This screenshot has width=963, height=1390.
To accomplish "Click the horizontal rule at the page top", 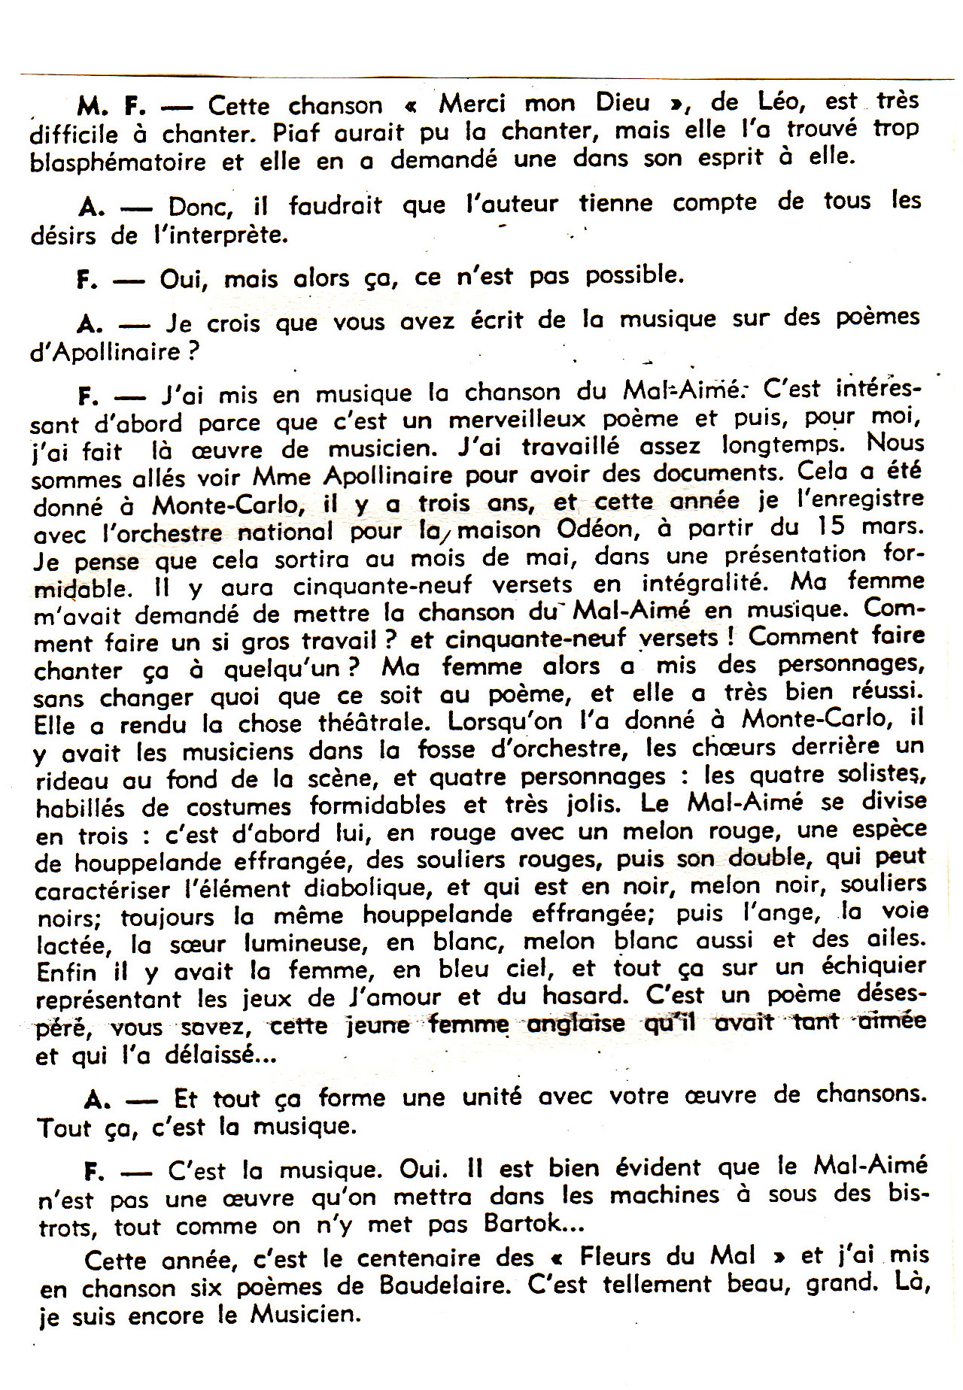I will click(x=481, y=75).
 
